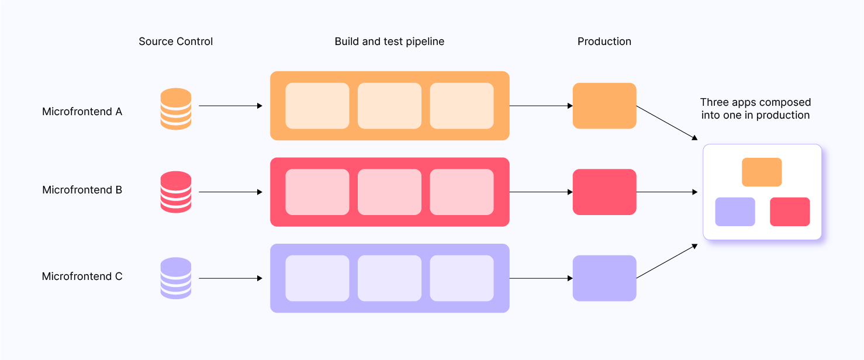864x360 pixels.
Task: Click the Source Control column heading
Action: [175, 41]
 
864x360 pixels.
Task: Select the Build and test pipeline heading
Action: [389, 41]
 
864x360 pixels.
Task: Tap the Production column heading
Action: [604, 41]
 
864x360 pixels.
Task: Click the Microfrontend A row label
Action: [82, 112]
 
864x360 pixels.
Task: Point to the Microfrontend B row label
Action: [82, 190]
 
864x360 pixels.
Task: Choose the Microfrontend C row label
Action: [82, 276]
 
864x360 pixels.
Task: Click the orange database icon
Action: [176, 108]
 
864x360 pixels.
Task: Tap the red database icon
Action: [176, 192]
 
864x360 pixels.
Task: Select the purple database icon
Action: [176, 278]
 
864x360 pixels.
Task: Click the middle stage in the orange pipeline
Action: [389, 106]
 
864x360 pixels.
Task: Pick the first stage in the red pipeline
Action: [317, 192]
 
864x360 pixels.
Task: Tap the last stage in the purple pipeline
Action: [462, 278]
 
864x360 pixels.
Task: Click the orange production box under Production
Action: [604, 106]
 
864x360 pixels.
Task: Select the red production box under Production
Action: [604, 192]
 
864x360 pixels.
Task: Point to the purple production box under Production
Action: [604, 278]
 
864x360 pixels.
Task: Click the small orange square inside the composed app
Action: [762, 172]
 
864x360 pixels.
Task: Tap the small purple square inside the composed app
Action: [735, 212]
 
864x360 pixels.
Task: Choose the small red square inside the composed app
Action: [790, 212]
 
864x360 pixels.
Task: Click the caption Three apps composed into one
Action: [755, 109]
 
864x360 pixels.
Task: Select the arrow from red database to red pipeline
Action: [230, 192]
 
